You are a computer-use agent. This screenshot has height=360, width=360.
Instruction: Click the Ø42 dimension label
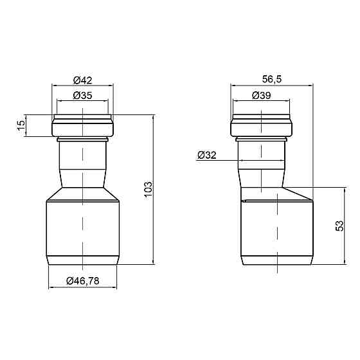coord(83,80)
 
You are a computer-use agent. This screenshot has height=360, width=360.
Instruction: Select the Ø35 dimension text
coord(83,95)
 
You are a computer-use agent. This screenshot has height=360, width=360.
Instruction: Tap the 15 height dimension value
coord(21,125)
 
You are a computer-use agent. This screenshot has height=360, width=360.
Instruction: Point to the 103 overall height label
coord(148,189)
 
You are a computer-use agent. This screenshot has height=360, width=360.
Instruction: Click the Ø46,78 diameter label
coord(83,280)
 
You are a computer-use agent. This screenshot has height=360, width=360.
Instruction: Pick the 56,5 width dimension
coord(272,79)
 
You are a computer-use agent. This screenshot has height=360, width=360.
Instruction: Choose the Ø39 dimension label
coord(261,95)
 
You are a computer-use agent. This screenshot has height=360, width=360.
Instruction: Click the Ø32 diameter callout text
coord(207,155)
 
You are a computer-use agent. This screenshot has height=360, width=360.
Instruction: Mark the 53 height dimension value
coord(339,226)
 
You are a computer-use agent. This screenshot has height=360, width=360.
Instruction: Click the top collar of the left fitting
coord(83,125)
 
